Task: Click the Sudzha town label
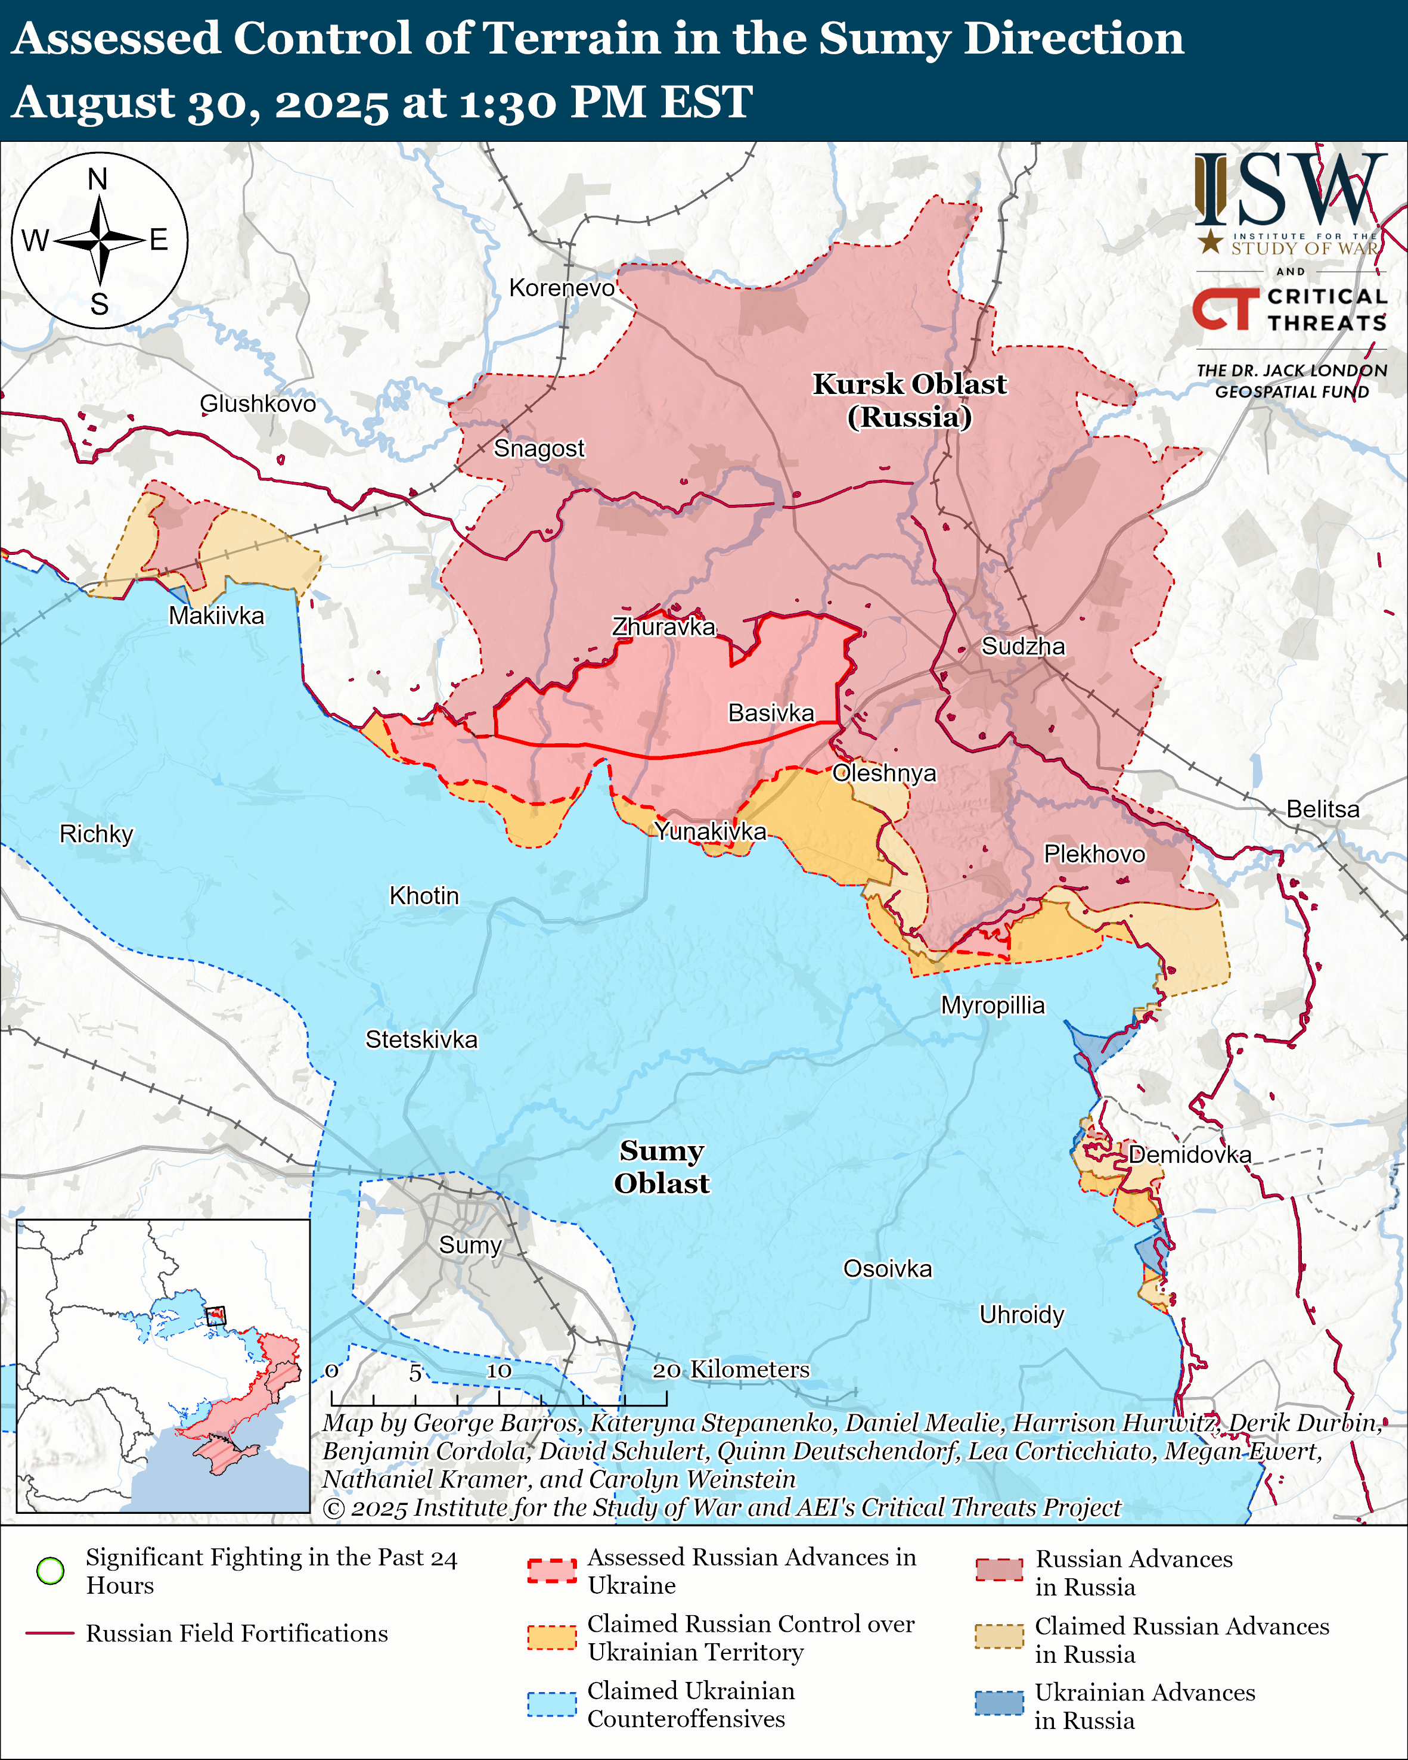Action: (1023, 647)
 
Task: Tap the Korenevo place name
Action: (562, 288)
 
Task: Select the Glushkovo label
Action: (258, 403)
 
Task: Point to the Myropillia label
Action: (993, 1005)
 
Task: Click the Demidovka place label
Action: (1189, 1154)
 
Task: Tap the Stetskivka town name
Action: (421, 1039)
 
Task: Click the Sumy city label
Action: (470, 1245)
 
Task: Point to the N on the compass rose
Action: (98, 179)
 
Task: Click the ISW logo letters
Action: (1289, 190)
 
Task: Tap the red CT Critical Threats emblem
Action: (1225, 309)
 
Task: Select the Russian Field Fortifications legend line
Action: (50, 1634)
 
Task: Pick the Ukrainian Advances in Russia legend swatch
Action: (998, 1703)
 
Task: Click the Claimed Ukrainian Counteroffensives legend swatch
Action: (552, 1705)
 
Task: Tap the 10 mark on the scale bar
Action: (499, 1371)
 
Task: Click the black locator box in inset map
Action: (215, 1316)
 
